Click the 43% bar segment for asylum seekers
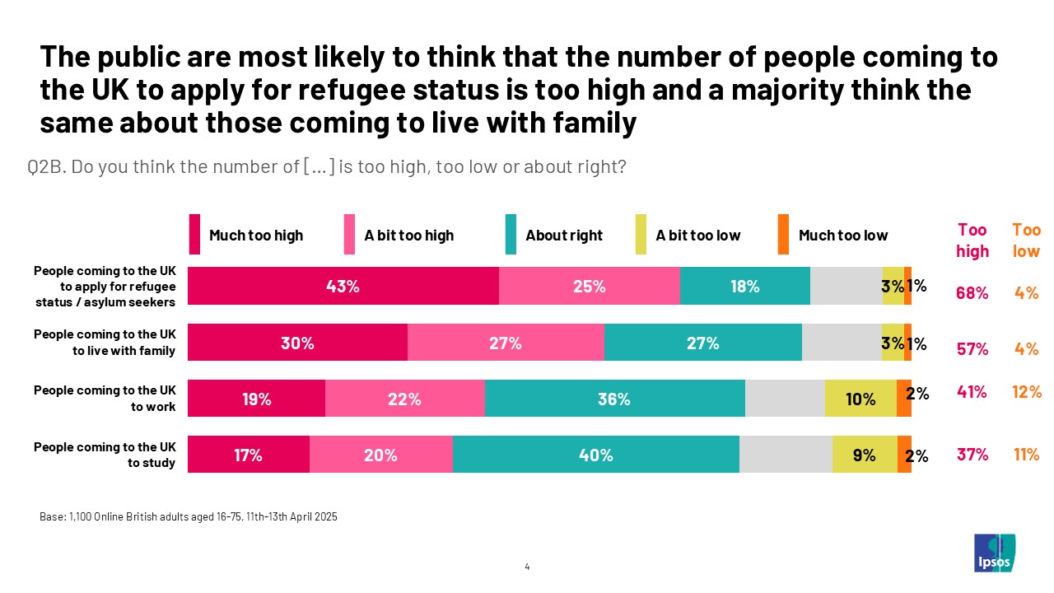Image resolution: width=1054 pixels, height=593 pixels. pos(343,287)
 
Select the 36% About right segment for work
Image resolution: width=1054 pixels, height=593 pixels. pos(614,399)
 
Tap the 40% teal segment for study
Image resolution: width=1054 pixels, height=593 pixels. pos(595,455)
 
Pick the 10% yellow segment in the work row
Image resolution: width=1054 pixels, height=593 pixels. pos(860,399)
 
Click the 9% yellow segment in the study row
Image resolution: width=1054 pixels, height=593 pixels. pos(865,455)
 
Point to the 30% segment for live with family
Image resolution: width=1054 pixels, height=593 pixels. pos(297,343)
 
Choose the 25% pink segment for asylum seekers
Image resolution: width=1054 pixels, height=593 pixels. pos(589,287)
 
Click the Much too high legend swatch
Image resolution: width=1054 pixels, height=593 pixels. pos(195,235)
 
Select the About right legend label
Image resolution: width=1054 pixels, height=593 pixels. pos(564,236)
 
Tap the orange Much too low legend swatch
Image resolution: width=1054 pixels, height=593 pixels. pos(783,235)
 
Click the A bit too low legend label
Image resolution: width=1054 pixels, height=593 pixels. pos(698,236)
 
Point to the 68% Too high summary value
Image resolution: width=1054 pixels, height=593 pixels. pos(972,292)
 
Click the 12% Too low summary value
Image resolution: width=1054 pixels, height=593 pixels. pos(1027,393)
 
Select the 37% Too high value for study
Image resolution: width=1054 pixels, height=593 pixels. pos(972,454)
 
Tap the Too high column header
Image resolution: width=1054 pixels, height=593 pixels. pos(972,240)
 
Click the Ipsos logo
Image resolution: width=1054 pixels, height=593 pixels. pos(995,553)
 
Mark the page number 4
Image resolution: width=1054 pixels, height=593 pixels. pos(527,567)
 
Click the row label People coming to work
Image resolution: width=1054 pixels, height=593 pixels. pos(105,398)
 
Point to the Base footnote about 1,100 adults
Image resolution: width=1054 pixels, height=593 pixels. pos(189,517)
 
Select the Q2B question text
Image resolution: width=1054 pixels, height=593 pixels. pos(327,167)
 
